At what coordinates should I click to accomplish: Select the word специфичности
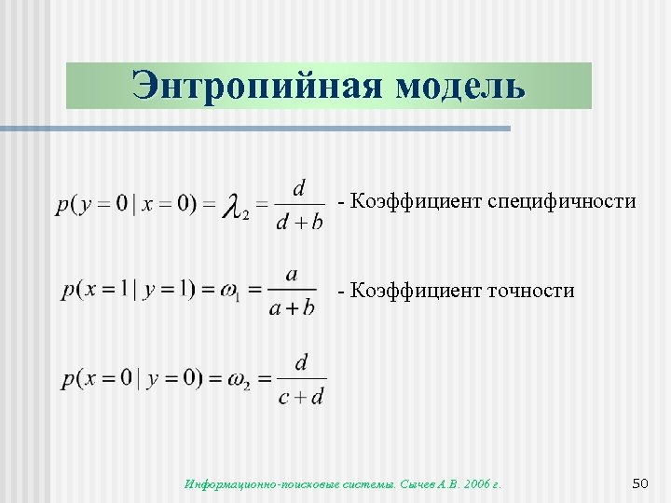pyautogui.click(x=562, y=201)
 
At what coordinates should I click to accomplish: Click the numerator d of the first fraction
pyautogui.click(x=299, y=189)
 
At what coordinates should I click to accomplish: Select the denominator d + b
pyautogui.click(x=299, y=222)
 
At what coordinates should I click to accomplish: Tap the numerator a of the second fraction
pyautogui.click(x=292, y=275)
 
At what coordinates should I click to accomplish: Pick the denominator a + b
pyautogui.click(x=292, y=308)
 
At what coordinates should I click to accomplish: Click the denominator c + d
pyautogui.click(x=301, y=397)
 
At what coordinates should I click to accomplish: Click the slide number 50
pyautogui.click(x=639, y=483)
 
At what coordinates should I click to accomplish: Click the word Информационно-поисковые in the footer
pyautogui.click(x=245, y=484)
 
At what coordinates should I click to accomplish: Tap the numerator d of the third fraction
pyautogui.click(x=301, y=362)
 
